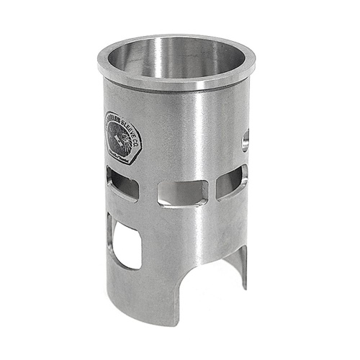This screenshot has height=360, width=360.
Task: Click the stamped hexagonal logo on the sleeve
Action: [x=120, y=135]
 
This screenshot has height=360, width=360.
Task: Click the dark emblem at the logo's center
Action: [x=118, y=137]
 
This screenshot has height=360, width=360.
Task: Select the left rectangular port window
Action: [x=121, y=184]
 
